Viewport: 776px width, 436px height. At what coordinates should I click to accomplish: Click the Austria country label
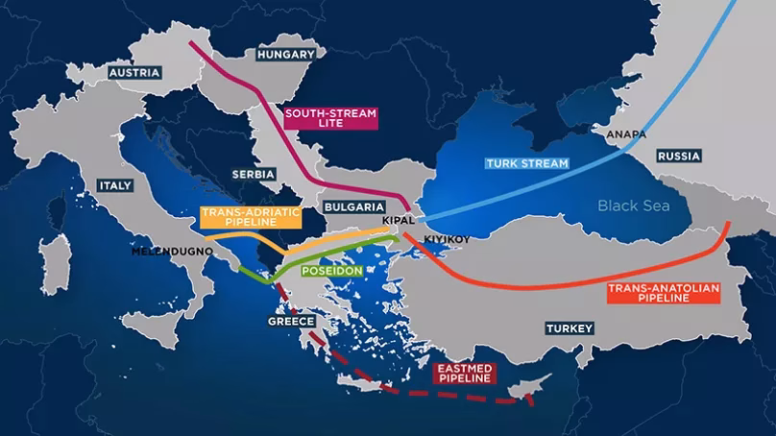tap(134, 73)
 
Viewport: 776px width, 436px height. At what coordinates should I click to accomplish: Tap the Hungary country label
tap(285, 55)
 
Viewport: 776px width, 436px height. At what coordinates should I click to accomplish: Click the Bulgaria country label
tap(355, 206)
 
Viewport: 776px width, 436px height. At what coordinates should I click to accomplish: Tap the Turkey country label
tap(570, 328)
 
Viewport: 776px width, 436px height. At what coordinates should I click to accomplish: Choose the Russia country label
tap(679, 156)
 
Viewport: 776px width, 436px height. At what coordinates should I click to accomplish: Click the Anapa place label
tap(616, 135)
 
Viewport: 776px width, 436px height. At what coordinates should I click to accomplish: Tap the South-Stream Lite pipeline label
tap(330, 119)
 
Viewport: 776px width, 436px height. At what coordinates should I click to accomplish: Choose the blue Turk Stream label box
tap(524, 163)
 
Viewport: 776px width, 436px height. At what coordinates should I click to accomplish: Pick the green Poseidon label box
tap(331, 272)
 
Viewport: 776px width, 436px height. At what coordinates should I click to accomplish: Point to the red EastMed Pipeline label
tap(464, 374)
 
